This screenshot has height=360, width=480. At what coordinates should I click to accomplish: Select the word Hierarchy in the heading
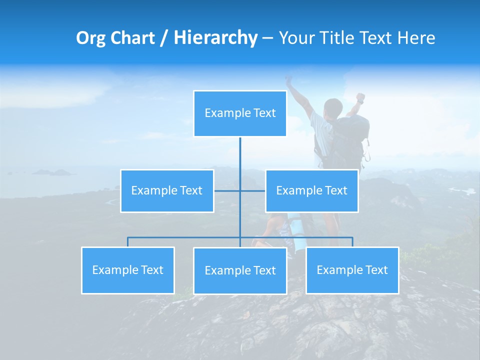(215, 38)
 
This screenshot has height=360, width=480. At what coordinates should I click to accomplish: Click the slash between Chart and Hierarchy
(164, 38)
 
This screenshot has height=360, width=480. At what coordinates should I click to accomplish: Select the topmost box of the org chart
(240, 113)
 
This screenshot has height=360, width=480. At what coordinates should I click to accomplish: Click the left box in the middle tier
(167, 191)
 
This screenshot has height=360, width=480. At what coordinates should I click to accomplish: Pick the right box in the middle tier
(311, 191)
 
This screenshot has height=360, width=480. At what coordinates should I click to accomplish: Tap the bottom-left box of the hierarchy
(127, 270)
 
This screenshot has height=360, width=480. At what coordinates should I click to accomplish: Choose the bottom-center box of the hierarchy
(240, 271)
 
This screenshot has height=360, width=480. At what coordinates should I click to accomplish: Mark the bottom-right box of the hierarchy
(352, 270)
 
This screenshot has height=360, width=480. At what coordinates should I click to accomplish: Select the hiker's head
(332, 107)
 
